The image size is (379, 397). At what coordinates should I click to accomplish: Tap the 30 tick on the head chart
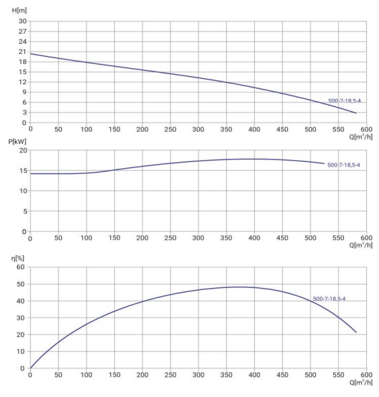(x=22, y=22)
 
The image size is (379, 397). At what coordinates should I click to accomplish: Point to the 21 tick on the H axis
(x=22, y=52)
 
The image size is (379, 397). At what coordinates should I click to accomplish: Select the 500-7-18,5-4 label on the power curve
(x=343, y=164)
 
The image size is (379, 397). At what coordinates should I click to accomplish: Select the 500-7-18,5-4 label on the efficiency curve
(x=329, y=299)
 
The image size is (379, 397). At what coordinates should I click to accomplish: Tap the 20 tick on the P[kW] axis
(x=22, y=151)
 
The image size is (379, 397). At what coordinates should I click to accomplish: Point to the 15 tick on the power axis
(x=22, y=171)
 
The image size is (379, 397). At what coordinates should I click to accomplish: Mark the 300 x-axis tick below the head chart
(x=198, y=129)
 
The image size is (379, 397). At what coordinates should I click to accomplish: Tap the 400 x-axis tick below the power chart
(x=254, y=238)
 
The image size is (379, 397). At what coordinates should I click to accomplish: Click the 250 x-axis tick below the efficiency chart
(x=170, y=375)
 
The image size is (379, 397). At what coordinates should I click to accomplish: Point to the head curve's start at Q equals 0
(x=31, y=54)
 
